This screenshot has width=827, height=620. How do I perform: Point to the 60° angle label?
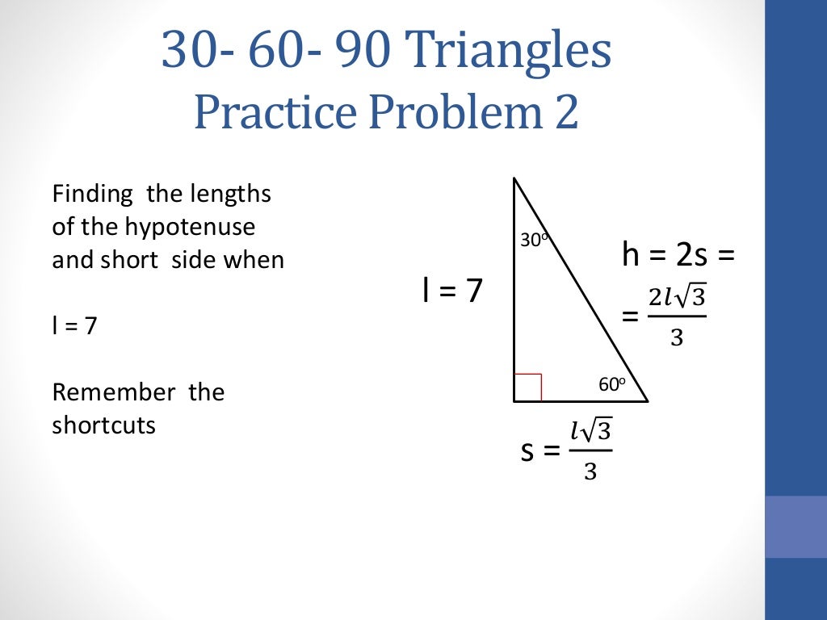tap(612, 384)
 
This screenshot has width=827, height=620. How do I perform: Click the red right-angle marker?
tap(527, 387)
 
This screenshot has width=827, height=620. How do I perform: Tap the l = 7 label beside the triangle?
tap(451, 291)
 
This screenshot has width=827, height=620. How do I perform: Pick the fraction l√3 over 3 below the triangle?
tap(590, 450)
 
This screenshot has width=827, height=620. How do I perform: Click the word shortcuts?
tap(103, 425)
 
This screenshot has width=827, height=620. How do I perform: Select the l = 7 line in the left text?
tap(74, 327)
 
